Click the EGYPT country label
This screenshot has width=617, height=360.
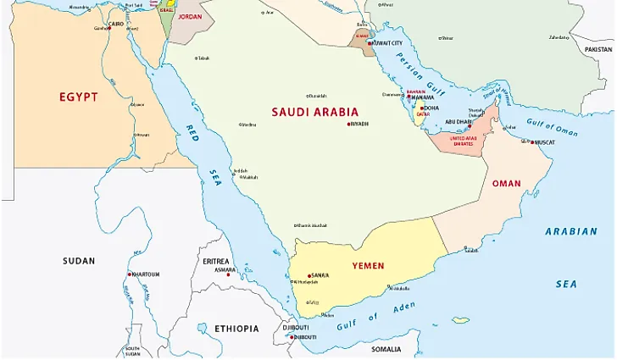click(x=78, y=97)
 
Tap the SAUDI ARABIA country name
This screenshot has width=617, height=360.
click(x=314, y=112)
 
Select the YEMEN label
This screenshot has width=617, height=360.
click(x=369, y=266)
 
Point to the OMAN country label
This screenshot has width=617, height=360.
click(x=506, y=183)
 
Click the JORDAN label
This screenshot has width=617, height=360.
click(x=191, y=16)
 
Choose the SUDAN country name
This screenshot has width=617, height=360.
click(x=79, y=261)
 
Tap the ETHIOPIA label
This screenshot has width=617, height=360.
click(x=236, y=327)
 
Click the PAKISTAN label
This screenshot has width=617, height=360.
click(x=598, y=50)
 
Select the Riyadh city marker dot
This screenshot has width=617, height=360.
click(x=347, y=125)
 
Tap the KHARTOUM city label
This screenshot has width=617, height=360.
click(x=145, y=274)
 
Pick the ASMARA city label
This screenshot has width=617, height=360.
click(x=225, y=269)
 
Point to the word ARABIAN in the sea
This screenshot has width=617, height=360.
click(x=570, y=231)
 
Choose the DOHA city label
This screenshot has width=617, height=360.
click(x=431, y=108)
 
